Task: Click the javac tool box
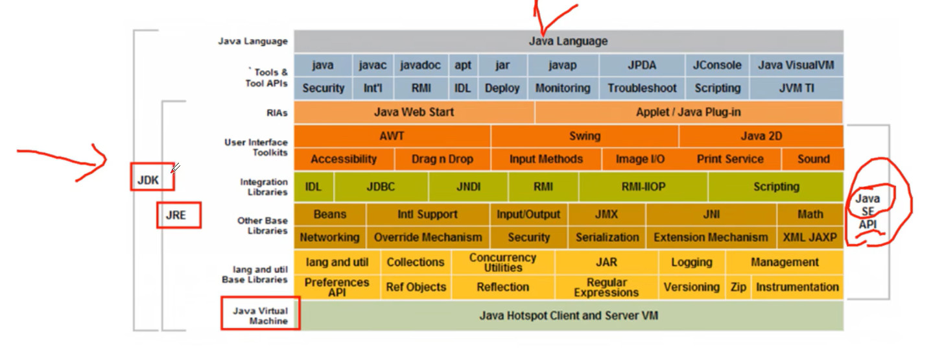(373, 65)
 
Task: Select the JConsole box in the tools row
(717, 65)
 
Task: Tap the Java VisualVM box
(796, 65)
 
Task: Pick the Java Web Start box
(414, 112)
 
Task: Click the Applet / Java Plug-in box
(688, 112)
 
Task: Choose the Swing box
(584, 136)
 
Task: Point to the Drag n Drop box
(442, 159)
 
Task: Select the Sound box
(813, 159)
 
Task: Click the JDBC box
(381, 187)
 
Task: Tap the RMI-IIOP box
(643, 187)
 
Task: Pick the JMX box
(606, 214)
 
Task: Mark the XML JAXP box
(810, 237)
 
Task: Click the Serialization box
(607, 237)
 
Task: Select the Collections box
(415, 262)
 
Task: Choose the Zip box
(738, 287)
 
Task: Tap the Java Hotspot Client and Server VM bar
(569, 316)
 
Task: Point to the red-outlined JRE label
(178, 215)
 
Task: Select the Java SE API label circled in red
(867, 211)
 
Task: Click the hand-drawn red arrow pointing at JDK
(65, 160)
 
